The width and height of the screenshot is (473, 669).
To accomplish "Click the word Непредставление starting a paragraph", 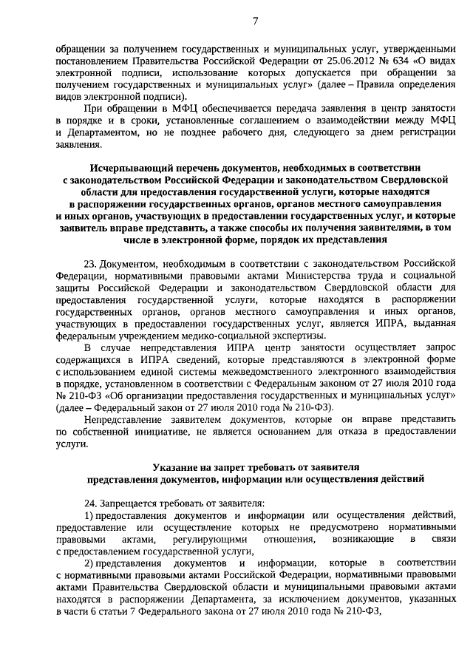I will [x=122, y=420].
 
